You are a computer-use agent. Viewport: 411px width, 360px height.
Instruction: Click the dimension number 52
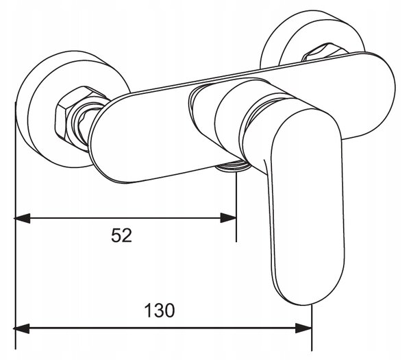[121, 235]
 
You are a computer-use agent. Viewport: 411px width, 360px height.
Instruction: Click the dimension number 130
[160, 311]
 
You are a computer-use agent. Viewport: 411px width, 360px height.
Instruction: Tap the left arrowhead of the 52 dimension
[22, 218]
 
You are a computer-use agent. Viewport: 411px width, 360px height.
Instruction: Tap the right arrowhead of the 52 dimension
[228, 218]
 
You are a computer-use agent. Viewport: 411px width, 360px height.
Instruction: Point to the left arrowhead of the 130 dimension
[21, 328]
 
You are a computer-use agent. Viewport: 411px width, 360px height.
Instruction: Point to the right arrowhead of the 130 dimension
[303, 328]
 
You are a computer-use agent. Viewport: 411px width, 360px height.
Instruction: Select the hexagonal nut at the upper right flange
[325, 53]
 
